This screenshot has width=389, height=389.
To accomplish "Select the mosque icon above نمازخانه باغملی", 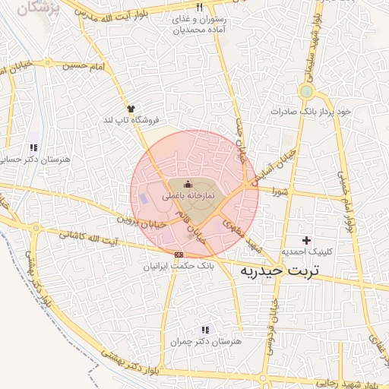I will coord(188,185).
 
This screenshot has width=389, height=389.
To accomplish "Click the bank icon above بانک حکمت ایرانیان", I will coord(179,255).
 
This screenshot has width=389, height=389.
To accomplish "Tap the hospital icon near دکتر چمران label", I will coord(204,330).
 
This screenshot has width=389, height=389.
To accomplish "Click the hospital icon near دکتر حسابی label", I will coord(33,147).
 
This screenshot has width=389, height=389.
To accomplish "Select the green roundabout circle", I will coord(306,92).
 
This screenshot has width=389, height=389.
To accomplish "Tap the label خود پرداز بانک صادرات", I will coord(312,111).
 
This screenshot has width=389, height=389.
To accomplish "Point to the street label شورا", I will coord(277,192).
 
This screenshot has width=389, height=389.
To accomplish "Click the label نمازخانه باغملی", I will coord(189,196).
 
